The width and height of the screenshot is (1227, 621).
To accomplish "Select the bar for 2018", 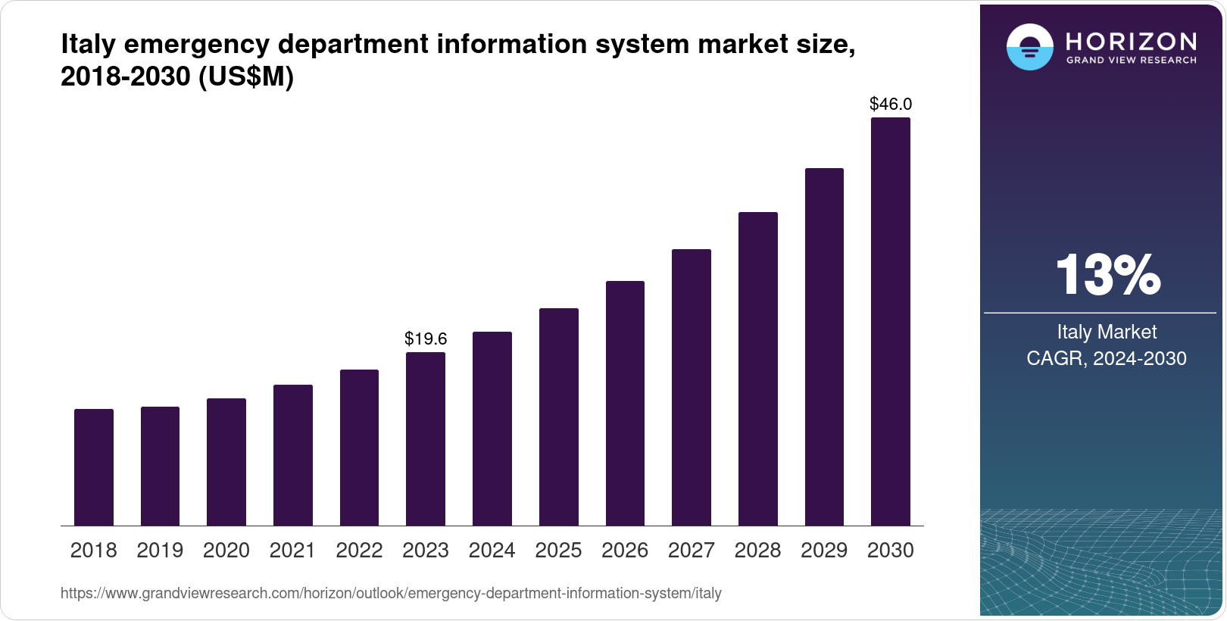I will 94,467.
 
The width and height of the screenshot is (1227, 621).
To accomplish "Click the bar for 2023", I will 426,439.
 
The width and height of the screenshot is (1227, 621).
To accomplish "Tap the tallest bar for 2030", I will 890,322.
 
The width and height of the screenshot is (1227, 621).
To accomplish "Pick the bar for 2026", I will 625,404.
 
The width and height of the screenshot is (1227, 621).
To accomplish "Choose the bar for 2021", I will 293,455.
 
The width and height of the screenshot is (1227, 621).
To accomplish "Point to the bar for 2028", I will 757,369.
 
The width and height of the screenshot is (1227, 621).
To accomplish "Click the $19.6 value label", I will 426,339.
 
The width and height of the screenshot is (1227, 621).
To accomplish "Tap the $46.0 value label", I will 890,104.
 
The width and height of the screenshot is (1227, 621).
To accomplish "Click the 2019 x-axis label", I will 160,551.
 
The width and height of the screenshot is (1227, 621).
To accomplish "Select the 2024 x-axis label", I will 492,551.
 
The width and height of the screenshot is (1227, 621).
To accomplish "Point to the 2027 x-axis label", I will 691,551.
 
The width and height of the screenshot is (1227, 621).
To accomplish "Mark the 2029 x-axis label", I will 824,551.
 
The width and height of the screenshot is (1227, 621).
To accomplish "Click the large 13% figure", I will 1107,275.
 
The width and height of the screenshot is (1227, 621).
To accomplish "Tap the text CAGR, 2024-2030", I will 1106,358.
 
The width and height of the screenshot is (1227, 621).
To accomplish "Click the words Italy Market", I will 1107,332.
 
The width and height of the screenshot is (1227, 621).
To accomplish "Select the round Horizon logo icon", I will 1029,47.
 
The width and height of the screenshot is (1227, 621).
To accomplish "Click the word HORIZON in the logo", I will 1131,41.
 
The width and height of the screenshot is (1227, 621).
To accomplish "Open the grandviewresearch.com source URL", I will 391,594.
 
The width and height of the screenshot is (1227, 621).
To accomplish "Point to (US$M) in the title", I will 245,76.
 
